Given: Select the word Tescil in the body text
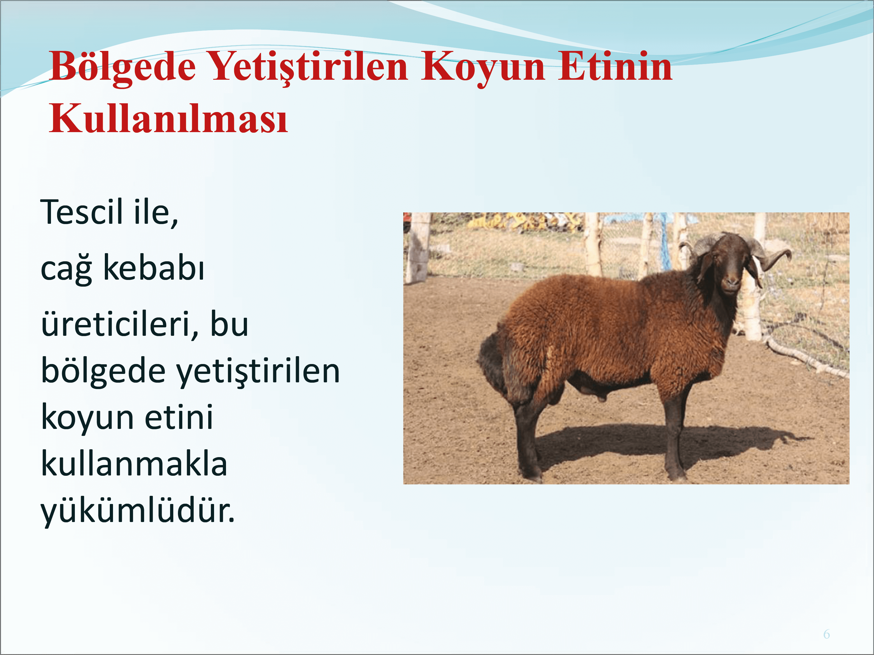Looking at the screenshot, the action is [82, 212].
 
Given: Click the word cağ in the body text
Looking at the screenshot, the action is [66, 269].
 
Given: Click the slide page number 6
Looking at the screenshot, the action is [827, 634].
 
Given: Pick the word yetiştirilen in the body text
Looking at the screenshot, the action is [258, 371].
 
